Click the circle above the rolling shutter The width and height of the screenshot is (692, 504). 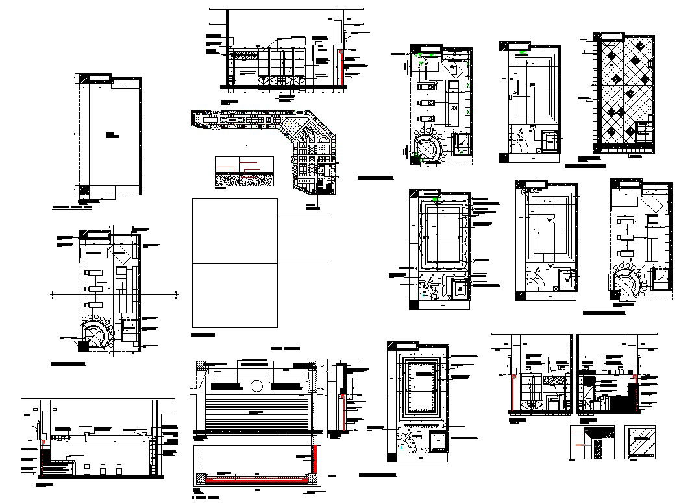(256, 386)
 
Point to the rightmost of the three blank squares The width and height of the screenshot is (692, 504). (304, 240)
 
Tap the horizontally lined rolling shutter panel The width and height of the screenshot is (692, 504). (258, 412)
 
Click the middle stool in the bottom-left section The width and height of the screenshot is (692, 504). (103, 470)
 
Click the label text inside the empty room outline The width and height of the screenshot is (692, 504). (110, 136)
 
